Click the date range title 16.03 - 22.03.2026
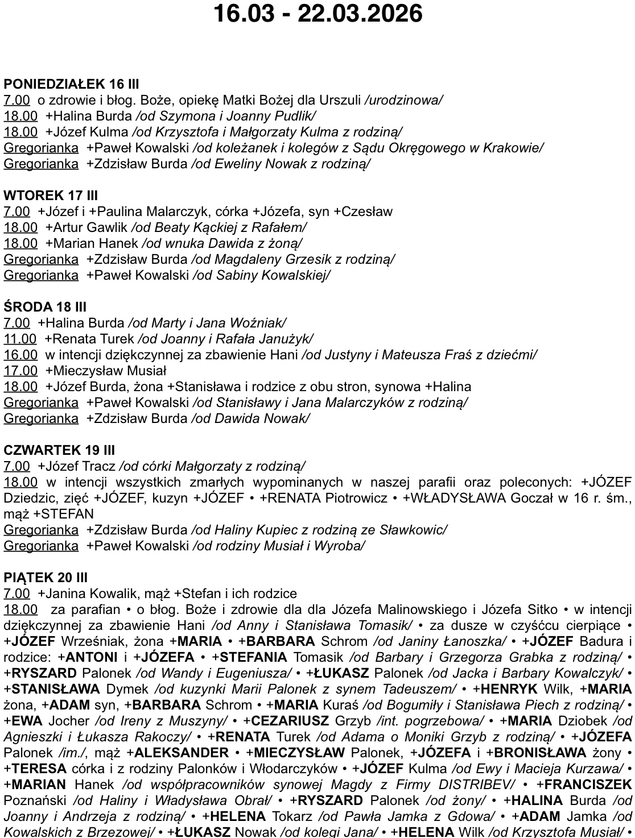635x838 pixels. tap(317, 14)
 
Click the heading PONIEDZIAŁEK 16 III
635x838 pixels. tap(71, 84)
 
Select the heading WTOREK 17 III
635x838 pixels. tap(51, 196)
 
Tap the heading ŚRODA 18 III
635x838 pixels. tap(45, 307)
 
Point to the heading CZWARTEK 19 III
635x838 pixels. tap(59, 450)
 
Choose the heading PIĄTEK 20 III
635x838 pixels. tap(46, 578)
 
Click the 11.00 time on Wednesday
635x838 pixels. tap(20, 339)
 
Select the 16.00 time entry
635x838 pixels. tap(20, 355)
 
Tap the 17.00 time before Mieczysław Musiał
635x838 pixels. tap(20, 371)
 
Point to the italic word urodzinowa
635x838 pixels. tap(403, 101)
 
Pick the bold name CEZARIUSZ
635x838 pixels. tap(290, 721)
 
